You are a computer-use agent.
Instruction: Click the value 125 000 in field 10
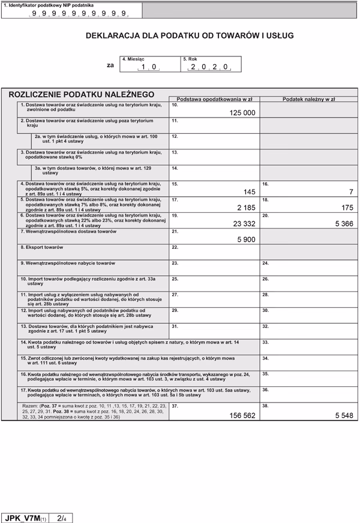pos(242,113)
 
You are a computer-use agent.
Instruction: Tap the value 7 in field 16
pos(351,192)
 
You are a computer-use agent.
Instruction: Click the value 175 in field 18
pos(347,208)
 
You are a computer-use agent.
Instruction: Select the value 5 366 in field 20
pos(344,224)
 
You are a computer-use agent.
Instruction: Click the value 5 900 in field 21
pos(246,239)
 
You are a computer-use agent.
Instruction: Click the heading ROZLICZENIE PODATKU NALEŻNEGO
pos(81,95)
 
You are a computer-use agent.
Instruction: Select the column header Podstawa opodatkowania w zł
pos(214,98)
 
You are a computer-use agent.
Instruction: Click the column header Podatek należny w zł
pos(308,98)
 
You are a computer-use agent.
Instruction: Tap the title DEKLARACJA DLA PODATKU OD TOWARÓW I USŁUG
pos(190,36)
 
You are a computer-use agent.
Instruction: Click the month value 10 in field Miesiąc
pos(148,67)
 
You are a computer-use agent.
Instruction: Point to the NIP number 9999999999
pos(79,13)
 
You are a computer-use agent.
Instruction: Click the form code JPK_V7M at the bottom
pos(22,517)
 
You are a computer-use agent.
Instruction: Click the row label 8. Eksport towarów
pos(41,247)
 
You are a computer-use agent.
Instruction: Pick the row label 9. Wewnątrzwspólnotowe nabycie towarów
pos(67,263)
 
